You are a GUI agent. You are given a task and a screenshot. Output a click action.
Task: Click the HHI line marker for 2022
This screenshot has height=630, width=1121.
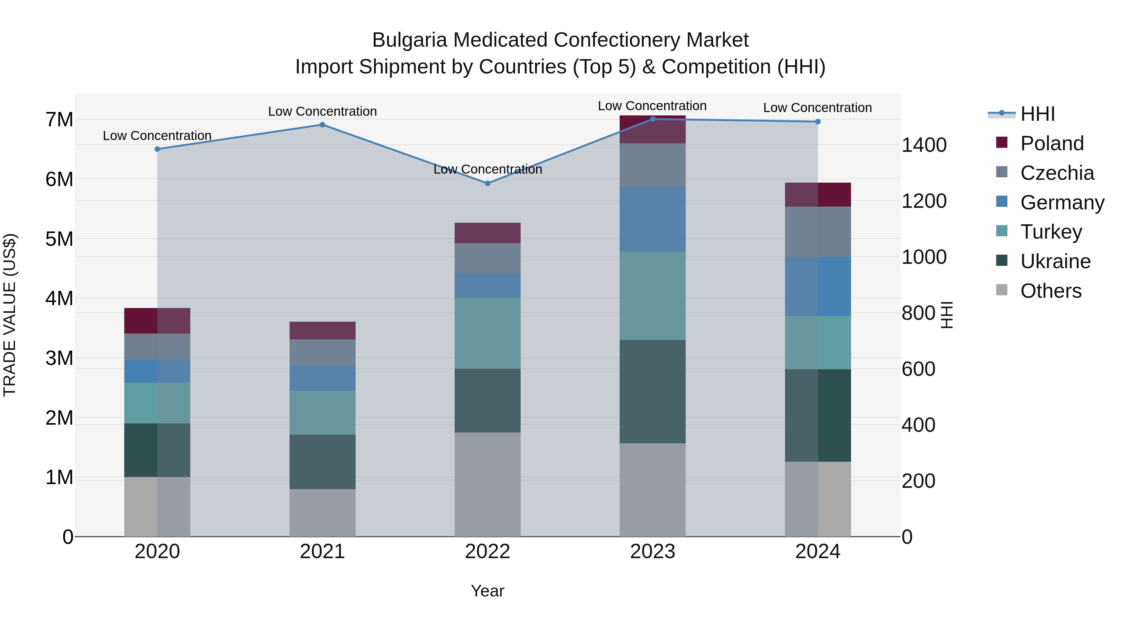click(x=487, y=184)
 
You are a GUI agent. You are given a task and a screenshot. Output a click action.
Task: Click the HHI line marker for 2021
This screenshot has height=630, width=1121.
click(x=323, y=125)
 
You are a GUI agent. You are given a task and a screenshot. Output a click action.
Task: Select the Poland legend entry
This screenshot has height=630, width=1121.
click(x=1051, y=143)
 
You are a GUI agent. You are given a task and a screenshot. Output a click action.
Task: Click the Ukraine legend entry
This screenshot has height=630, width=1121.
click(x=1055, y=261)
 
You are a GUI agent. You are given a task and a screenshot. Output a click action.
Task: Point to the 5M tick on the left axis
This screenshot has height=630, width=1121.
click(x=59, y=239)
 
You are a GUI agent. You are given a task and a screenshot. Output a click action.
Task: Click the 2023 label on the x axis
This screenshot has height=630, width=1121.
click(x=652, y=551)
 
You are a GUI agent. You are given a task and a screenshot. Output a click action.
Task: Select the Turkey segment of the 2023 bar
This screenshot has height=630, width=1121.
click(x=652, y=296)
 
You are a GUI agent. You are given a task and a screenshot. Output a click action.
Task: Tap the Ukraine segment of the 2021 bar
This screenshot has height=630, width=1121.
click(x=323, y=462)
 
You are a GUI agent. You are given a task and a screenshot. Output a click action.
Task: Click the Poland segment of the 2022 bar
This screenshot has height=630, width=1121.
click(x=487, y=233)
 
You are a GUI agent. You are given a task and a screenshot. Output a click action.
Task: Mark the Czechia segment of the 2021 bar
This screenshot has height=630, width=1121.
click(x=323, y=352)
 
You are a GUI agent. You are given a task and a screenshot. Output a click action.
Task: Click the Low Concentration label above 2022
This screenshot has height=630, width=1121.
click(x=487, y=169)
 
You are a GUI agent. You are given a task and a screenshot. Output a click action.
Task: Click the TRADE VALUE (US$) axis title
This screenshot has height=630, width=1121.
click(x=10, y=315)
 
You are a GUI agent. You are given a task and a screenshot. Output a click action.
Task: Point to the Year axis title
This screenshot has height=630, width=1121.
click(x=487, y=591)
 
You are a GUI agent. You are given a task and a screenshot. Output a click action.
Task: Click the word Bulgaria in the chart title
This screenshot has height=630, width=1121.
click(x=409, y=40)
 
